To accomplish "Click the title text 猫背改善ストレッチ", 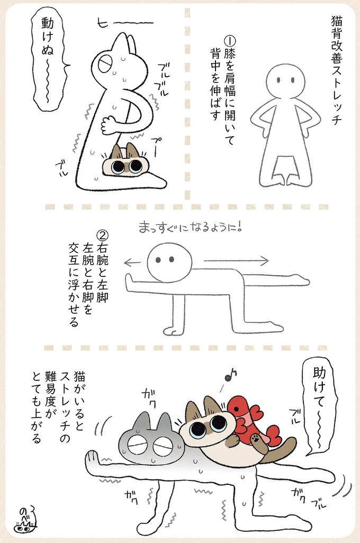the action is click(x=336, y=70).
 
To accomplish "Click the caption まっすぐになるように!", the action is click(x=190, y=228).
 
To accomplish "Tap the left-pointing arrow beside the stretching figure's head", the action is click(x=132, y=263).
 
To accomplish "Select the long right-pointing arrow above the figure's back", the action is click(x=236, y=260).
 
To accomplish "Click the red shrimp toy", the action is click(x=253, y=421).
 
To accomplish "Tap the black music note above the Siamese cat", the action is click(x=230, y=375).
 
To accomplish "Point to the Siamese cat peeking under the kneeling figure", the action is click(x=125, y=161).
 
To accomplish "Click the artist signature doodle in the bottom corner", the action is click(x=25, y=520).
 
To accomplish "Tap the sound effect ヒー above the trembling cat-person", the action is click(x=125, y=23).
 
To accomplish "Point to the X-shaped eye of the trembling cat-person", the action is click(x=105, y=64).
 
